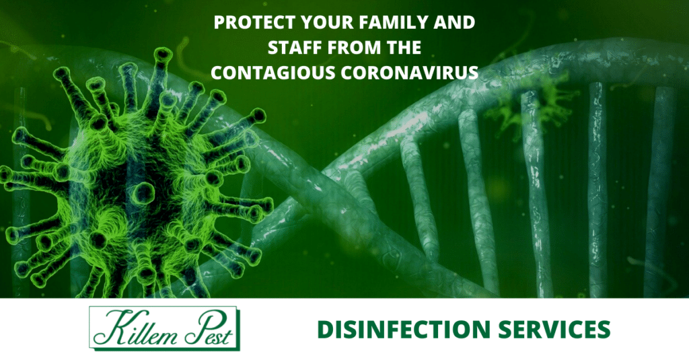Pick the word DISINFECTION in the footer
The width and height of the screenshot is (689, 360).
coord(404,330)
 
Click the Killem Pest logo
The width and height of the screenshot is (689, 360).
coord(164,328)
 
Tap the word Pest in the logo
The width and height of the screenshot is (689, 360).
coord(208,330)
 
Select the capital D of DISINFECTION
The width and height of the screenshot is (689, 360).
coord(326,330)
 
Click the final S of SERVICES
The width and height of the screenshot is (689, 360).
coord(604,330)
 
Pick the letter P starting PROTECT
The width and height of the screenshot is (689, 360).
coord(219,22)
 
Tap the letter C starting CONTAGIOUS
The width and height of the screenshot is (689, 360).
coord(217,73)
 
